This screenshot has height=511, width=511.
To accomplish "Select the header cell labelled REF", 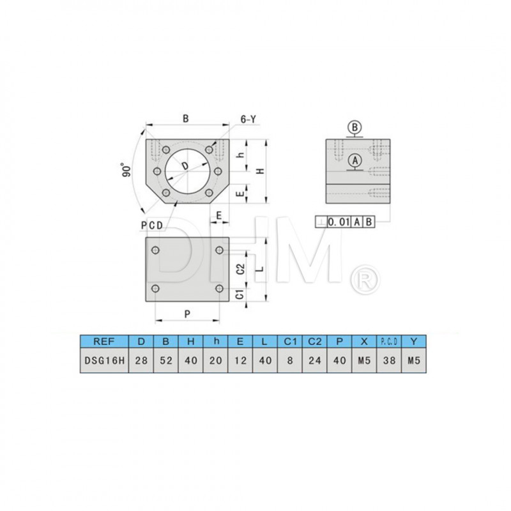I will click(x=103, y=341).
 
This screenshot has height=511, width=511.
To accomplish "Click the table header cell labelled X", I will click(x=364, y=341).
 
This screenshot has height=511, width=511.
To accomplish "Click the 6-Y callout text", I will click(x=248, y=119).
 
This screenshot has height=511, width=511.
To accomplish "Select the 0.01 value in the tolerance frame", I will click(x=339, y=222).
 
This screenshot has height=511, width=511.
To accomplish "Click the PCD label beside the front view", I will click(x=151, y=224).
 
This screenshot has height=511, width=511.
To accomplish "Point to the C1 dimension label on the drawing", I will click(x=238, y=294).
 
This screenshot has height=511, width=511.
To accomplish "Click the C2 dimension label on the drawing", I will click(x=238, y=269).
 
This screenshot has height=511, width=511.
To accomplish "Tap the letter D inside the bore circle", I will click(x=185, y=166).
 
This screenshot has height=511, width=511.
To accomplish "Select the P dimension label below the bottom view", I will click(x=187, y=314).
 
